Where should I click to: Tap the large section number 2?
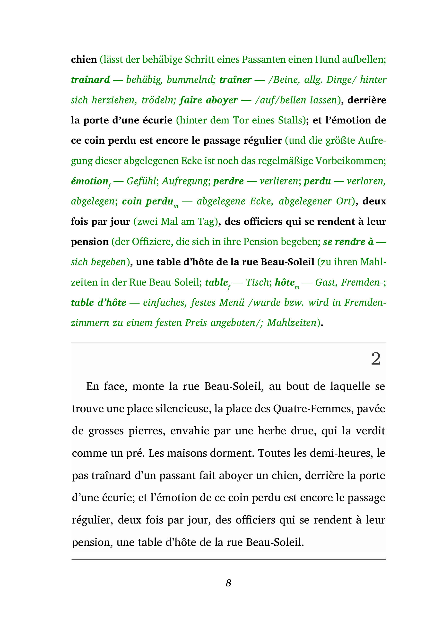coord(376,359)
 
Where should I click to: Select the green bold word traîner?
coord(235,80)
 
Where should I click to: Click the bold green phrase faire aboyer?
coord(208,100)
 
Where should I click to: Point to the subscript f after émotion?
coord(109,186)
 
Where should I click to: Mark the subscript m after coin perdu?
coord(176,207)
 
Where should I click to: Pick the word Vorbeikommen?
coord(351,161)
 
